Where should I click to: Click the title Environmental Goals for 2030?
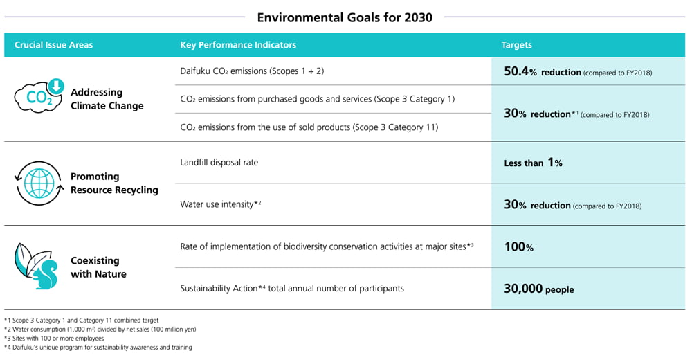click(345, 17)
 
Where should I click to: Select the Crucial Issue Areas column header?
click(53, 45)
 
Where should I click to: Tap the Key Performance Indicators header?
click(237, 45)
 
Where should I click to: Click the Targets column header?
click(516, 45)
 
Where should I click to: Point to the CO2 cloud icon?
click(39, 97)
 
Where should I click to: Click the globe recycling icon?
click(39, 183)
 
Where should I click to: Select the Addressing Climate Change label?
click(107, 99)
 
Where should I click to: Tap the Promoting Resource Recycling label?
click(114, 183)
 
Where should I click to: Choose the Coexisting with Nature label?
click(98, 267)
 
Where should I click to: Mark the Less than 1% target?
click(533, 163)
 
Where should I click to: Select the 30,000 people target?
click(539, 289)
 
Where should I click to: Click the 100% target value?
click(518, 246)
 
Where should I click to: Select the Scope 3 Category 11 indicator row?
click(309, 127)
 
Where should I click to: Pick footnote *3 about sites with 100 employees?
click(54, 339)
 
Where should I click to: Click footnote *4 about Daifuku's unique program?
click(98, 348)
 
